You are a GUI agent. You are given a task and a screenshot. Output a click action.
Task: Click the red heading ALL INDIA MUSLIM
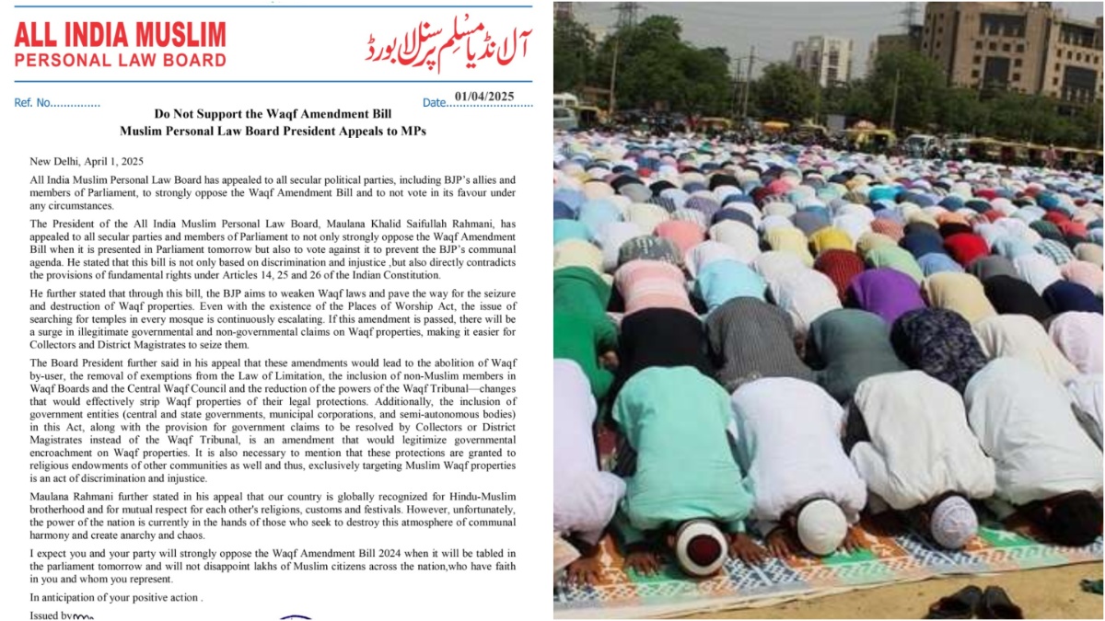120,35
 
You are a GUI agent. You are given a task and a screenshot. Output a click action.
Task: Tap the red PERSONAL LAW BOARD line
120,61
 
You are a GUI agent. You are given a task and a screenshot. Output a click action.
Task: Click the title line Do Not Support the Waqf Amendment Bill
273,114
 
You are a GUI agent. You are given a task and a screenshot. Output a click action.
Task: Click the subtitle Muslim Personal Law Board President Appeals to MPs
273,132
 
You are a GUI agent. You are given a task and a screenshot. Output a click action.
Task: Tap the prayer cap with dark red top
701,547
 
